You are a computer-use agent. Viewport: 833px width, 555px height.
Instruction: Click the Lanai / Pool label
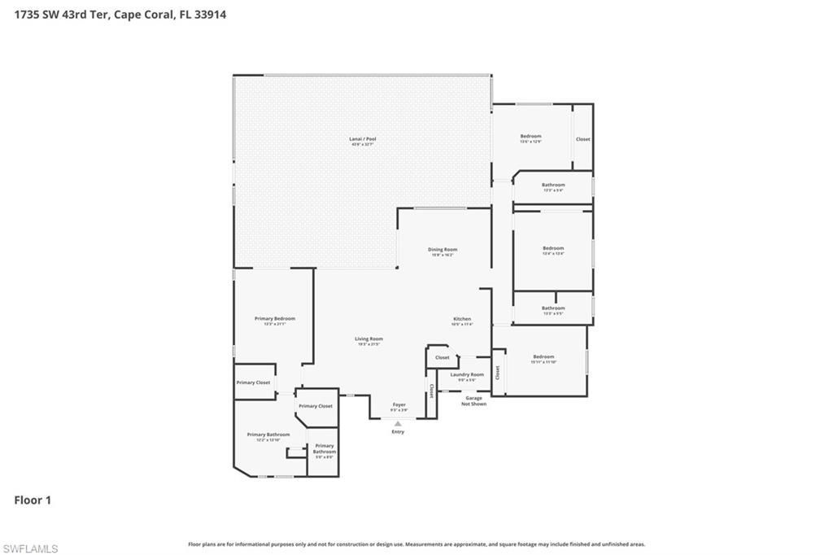tap(363, 139)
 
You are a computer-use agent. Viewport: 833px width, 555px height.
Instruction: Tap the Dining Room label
tap(443, 250)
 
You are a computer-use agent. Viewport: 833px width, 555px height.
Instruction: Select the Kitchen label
tap(462, 319)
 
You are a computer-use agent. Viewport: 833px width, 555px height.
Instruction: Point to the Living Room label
tap(369, 339)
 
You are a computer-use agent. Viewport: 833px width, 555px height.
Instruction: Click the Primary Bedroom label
tap(274, 319)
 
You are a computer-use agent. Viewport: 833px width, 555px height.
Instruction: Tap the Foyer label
tap(399, 404)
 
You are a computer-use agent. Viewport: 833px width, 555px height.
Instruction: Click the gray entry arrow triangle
tap(398, 423)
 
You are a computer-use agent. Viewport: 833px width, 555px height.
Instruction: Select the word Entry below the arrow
tap(398, 431)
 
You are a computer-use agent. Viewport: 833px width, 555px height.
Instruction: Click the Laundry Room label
tap(467, 374)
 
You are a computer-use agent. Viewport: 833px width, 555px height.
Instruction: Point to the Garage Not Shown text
tap(473, 401)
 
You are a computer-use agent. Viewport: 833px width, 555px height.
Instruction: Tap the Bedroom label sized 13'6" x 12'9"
tap(530, 136)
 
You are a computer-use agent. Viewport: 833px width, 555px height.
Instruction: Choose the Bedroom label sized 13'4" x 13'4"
tap(553, 248)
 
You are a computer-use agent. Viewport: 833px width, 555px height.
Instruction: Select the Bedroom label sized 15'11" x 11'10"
tap(543, 356)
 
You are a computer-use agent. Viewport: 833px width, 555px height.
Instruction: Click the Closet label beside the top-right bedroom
tap(583, 139)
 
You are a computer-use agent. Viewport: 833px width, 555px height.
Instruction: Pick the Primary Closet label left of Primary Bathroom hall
tap(253, 382)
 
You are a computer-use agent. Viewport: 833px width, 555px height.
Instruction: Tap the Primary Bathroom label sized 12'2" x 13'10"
tap(268, 435)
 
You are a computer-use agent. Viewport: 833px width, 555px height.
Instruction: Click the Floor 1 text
tap(33, 500)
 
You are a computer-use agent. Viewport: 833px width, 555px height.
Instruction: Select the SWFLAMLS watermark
tap(30, 548)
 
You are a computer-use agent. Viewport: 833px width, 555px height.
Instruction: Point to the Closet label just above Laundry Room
tap(442, 357)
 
